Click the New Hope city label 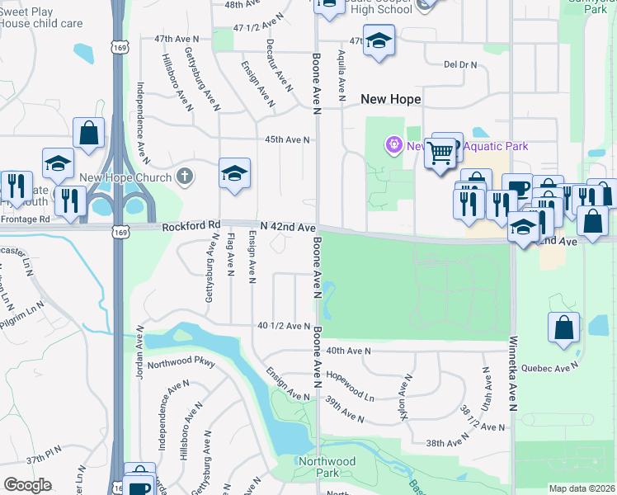(391, 99)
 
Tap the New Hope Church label (125, 177)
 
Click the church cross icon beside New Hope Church (186, 177)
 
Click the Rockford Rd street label (191, 225)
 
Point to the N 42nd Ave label (288, 226)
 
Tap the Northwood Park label (327, 468)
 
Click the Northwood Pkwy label (182, 361)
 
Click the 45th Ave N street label (287, 139)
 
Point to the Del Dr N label (460, 64)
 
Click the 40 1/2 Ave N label (283, 326)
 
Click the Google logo (27, 484)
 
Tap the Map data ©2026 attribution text (582, 488)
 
